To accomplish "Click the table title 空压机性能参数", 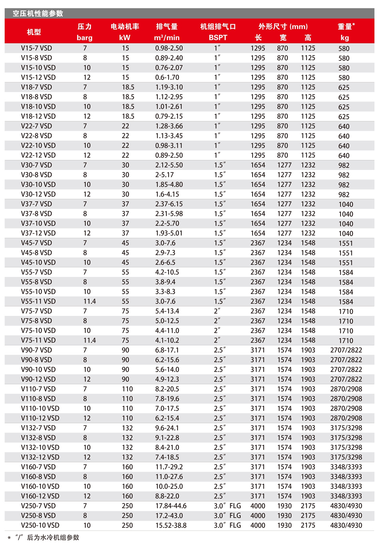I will [x=38, y=13].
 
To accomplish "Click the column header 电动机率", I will [x=125, y=26].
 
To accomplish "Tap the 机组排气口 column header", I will [x=218, y=26].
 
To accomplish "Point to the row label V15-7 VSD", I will [x=36, y=48].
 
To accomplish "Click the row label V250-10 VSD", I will [x=40, y=525].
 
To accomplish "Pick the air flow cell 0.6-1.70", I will [x=167, y=77].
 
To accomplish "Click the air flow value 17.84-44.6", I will [x=171, y=506].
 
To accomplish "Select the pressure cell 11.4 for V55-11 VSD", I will [x=90, y=301].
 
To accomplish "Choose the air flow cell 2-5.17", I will [x=165, y=175].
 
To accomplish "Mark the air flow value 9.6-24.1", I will [x=167, y=428].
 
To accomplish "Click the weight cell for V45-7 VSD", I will [x=346, y=243].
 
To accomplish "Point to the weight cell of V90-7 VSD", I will [x=346, y=350].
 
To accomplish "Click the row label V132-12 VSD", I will [x=40, y=457].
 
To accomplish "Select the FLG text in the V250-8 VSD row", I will [x=235, y=516].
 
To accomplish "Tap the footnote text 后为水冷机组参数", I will [x=53, y=537].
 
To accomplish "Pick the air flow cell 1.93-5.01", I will [x=169, y=233].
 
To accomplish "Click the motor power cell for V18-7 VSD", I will [x=128, y=87].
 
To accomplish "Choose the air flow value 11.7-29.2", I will [x=169, y=467].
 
